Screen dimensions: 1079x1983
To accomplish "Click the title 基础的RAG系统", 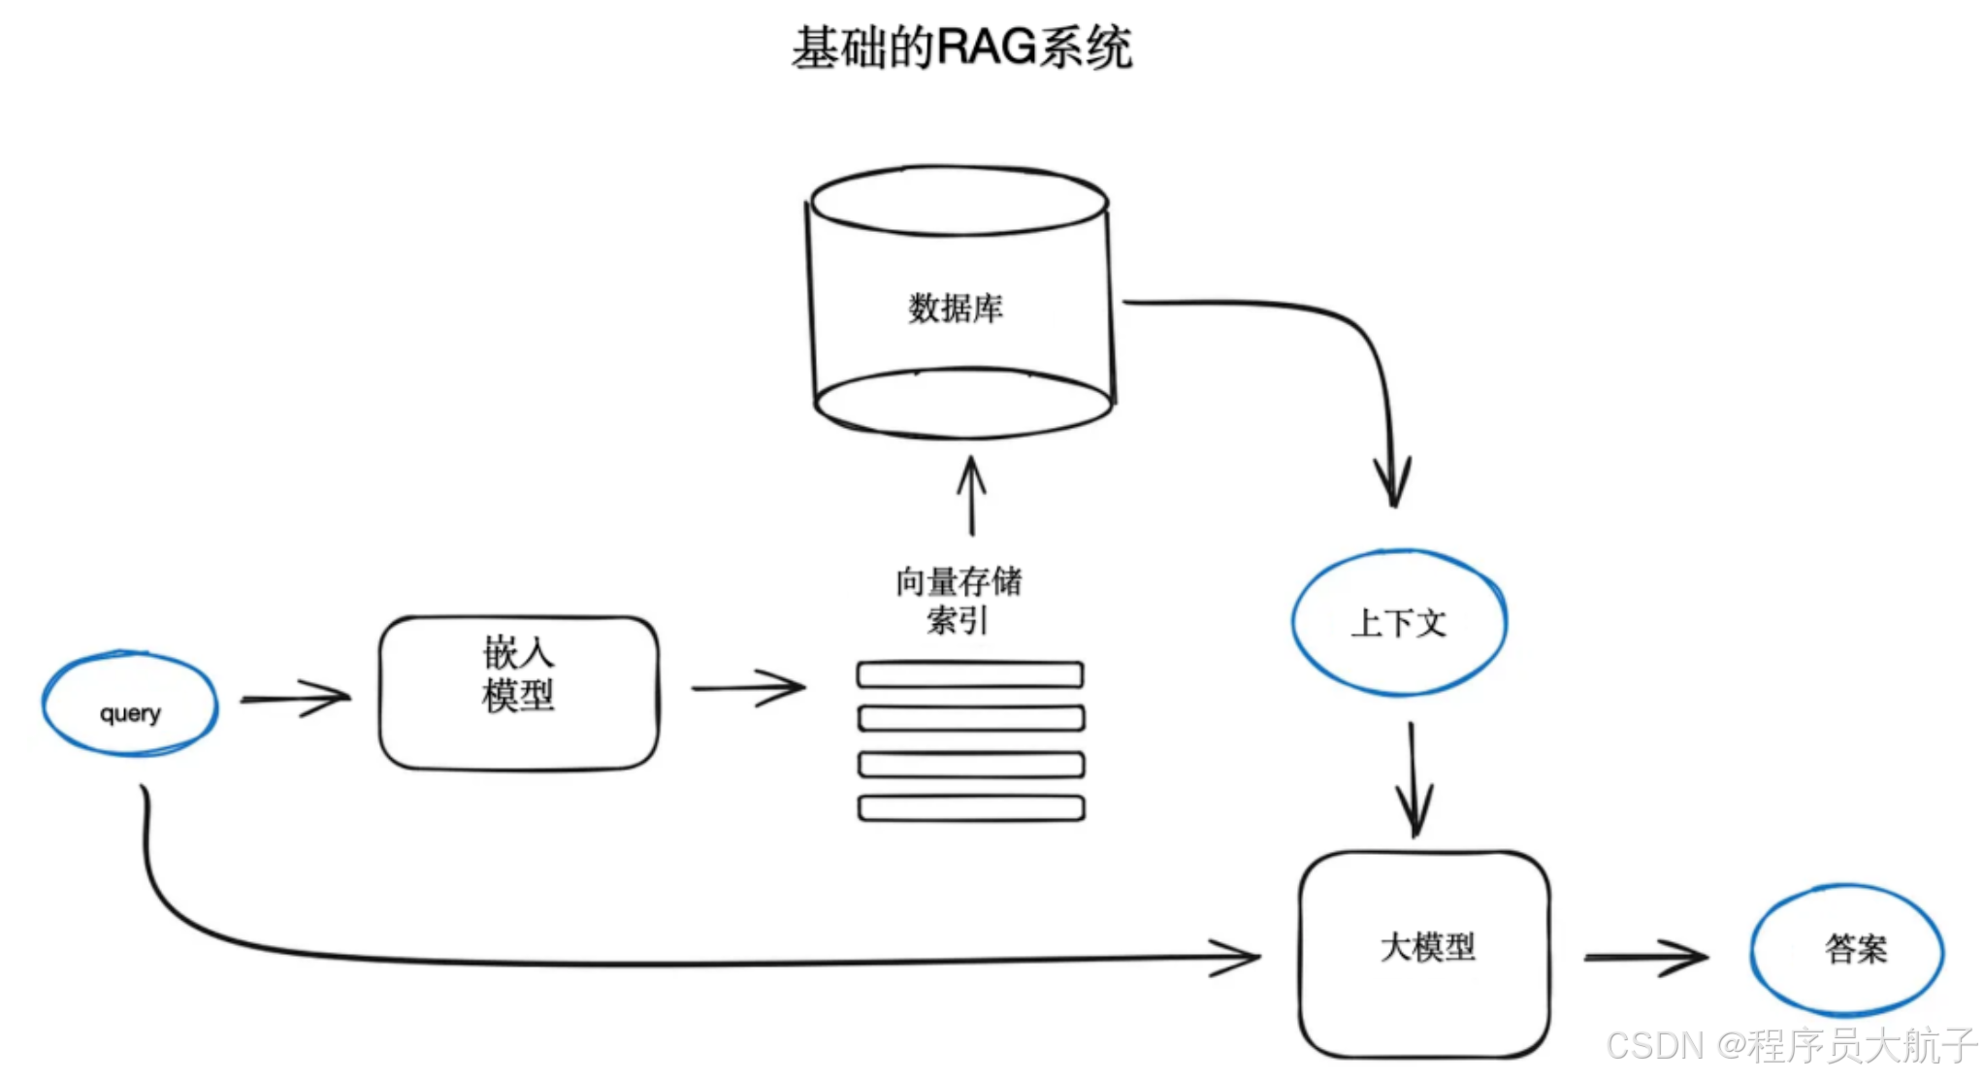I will click(x=960, y=47).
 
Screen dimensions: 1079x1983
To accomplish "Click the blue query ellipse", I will click(x=130, y=704).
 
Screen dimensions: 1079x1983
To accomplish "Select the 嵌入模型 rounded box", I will click(x=519, y=693).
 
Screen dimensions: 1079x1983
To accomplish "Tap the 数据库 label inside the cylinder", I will click(x=956, y=309).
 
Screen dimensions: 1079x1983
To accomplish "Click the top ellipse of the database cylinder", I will click(x=959, y=201).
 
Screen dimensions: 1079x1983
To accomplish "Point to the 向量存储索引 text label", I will click(x=959, y=600).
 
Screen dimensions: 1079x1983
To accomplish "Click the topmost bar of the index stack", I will click(x=970, y=674).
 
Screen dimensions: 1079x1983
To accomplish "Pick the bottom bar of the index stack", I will click(x=971, y=808).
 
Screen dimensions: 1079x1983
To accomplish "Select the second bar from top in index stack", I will click(x=971, y=719).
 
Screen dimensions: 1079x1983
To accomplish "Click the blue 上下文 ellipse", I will click(x=1399, y=623).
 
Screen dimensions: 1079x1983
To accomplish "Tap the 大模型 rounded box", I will click(x=1424, y=955).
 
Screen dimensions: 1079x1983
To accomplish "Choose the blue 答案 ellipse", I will click(x=1847, y=949).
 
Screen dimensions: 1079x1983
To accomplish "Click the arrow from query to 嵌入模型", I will click(x=296, y=697).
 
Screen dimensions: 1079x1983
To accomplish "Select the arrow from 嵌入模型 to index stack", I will click(x=749, y=687).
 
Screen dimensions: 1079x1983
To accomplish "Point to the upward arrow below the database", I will click(x=971, y=495).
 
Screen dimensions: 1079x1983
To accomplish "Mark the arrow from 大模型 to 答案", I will click(x=1645, y=957).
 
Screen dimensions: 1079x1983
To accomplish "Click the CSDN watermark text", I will click(x=1791, y=1046).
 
